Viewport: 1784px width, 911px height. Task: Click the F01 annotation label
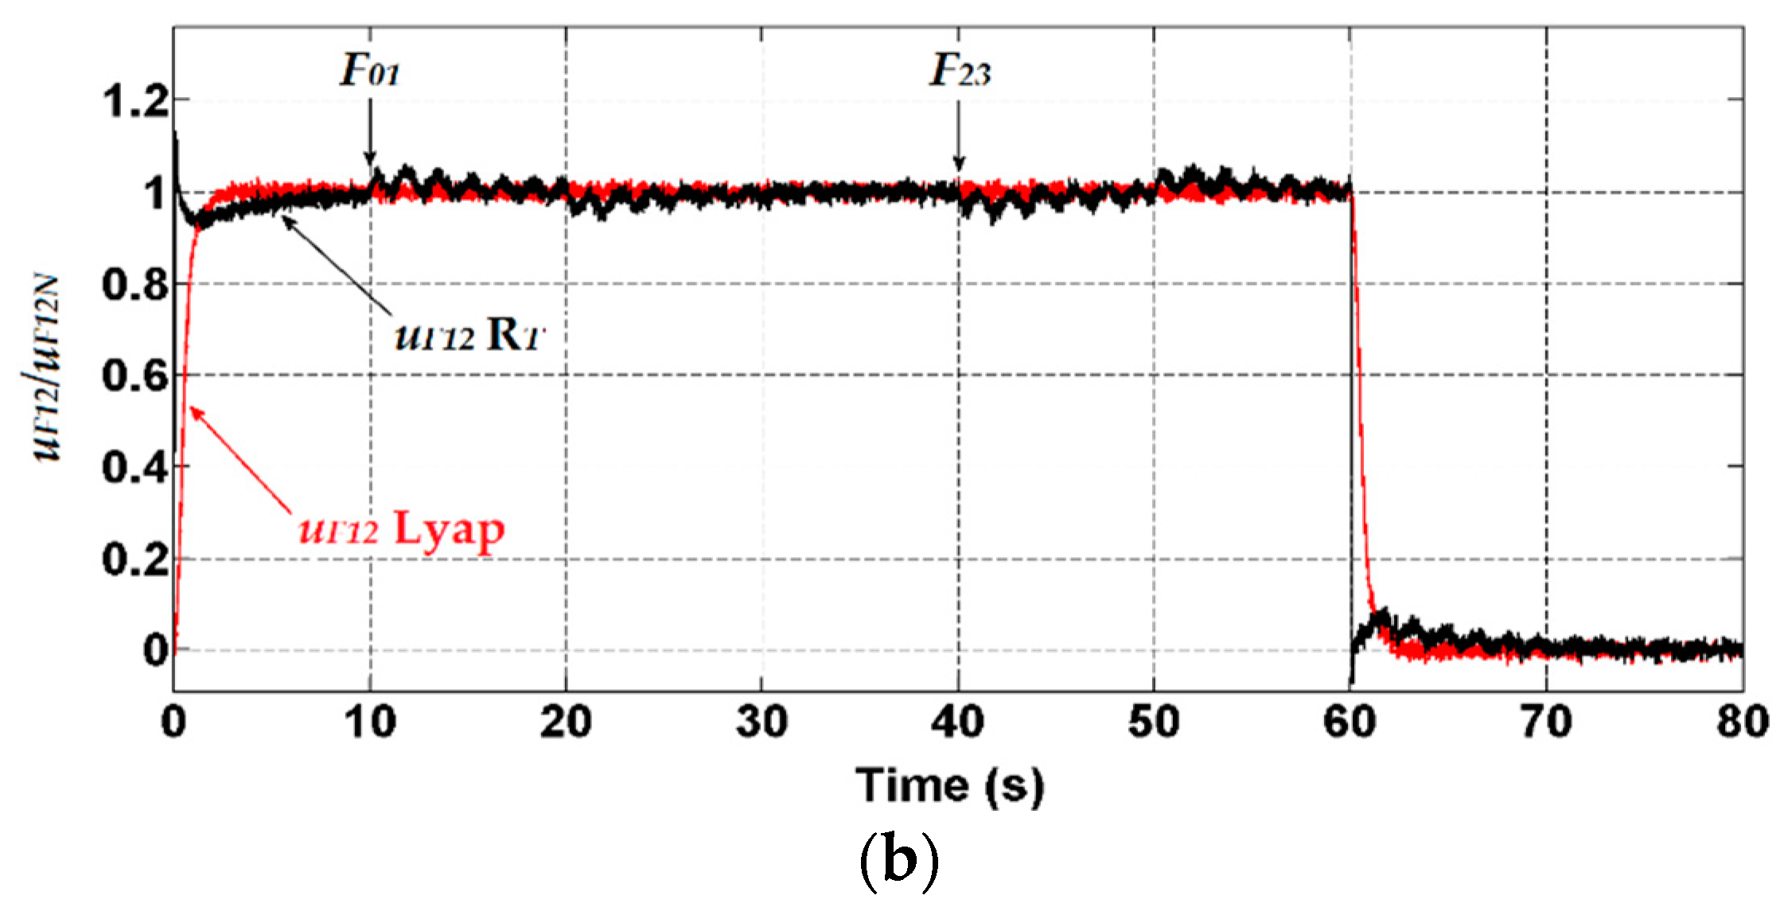370,72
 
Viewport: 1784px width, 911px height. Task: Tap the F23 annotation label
960,72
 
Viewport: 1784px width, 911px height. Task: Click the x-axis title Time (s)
949,785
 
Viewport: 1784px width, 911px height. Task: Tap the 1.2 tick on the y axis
135,102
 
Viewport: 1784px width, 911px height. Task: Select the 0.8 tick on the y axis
135,284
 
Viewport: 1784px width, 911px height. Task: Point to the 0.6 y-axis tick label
135,375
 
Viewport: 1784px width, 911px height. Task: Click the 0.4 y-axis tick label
135,467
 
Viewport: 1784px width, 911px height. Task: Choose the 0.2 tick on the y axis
135,559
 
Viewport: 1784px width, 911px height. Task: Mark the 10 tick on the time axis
370,722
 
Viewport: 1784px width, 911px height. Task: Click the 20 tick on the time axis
566,722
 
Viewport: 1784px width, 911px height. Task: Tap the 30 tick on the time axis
762,722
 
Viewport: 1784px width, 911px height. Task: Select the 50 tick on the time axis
1154,722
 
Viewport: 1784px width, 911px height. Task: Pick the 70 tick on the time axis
1547,722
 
